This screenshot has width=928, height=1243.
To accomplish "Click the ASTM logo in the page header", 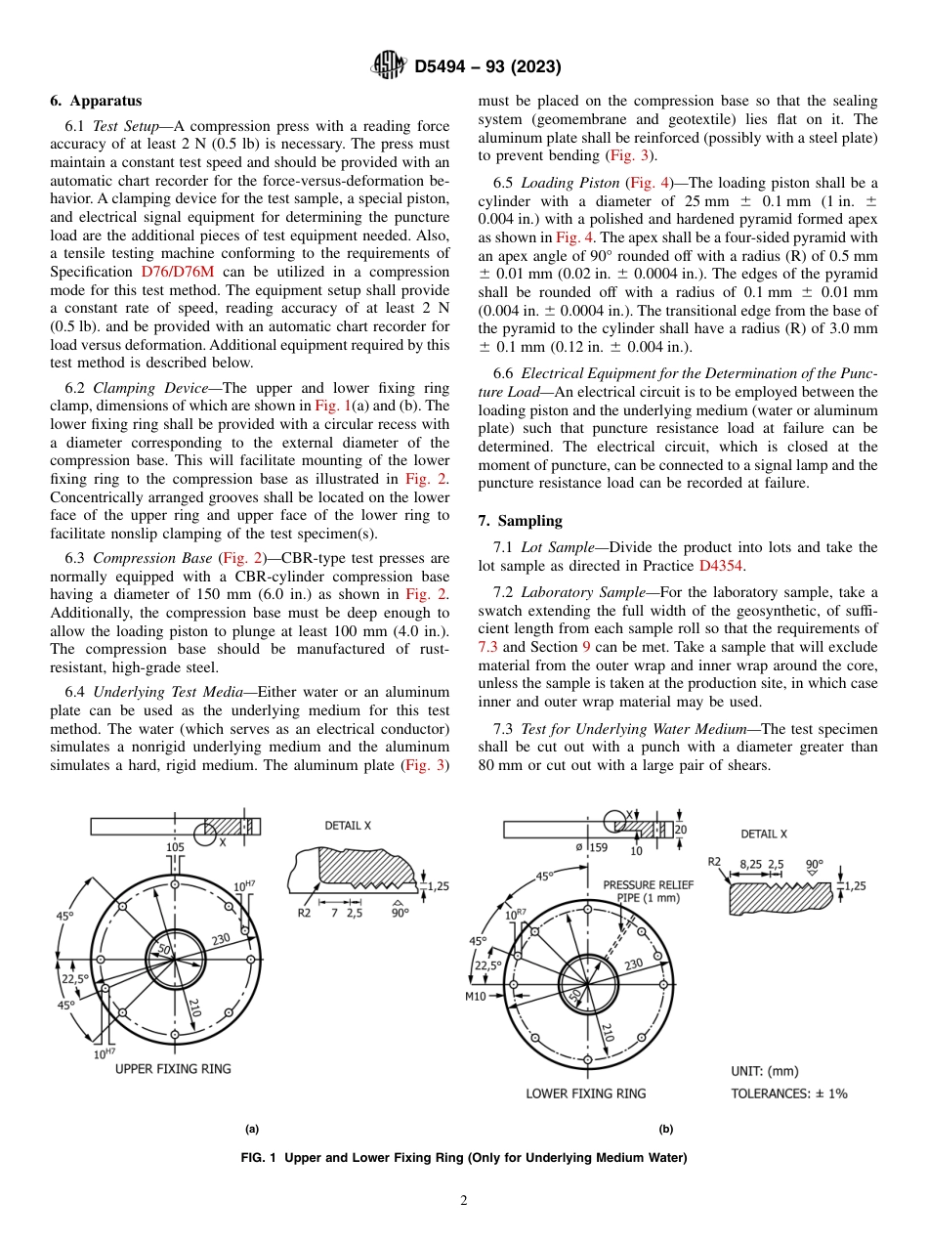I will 389,66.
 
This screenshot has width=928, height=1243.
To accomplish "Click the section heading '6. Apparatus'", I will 96,101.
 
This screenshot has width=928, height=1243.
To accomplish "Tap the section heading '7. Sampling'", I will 520,521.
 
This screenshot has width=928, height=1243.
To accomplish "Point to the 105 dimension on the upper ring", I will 175,846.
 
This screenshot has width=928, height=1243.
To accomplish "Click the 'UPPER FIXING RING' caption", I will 173,1068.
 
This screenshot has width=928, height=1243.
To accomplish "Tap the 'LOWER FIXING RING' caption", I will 585,1093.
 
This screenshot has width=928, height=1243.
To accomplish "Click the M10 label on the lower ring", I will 476,997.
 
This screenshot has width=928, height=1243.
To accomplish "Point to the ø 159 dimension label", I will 591,847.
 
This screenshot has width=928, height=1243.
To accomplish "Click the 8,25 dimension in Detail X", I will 750,864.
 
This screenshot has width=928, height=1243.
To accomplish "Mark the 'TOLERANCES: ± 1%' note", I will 789,1093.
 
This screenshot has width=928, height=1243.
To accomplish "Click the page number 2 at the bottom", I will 464,1200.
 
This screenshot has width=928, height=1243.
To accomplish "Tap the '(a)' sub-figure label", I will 252,1129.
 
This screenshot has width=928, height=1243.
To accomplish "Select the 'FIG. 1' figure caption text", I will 464,1158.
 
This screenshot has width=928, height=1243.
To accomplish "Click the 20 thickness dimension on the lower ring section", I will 680,829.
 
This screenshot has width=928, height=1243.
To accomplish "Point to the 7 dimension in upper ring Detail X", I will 334,913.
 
